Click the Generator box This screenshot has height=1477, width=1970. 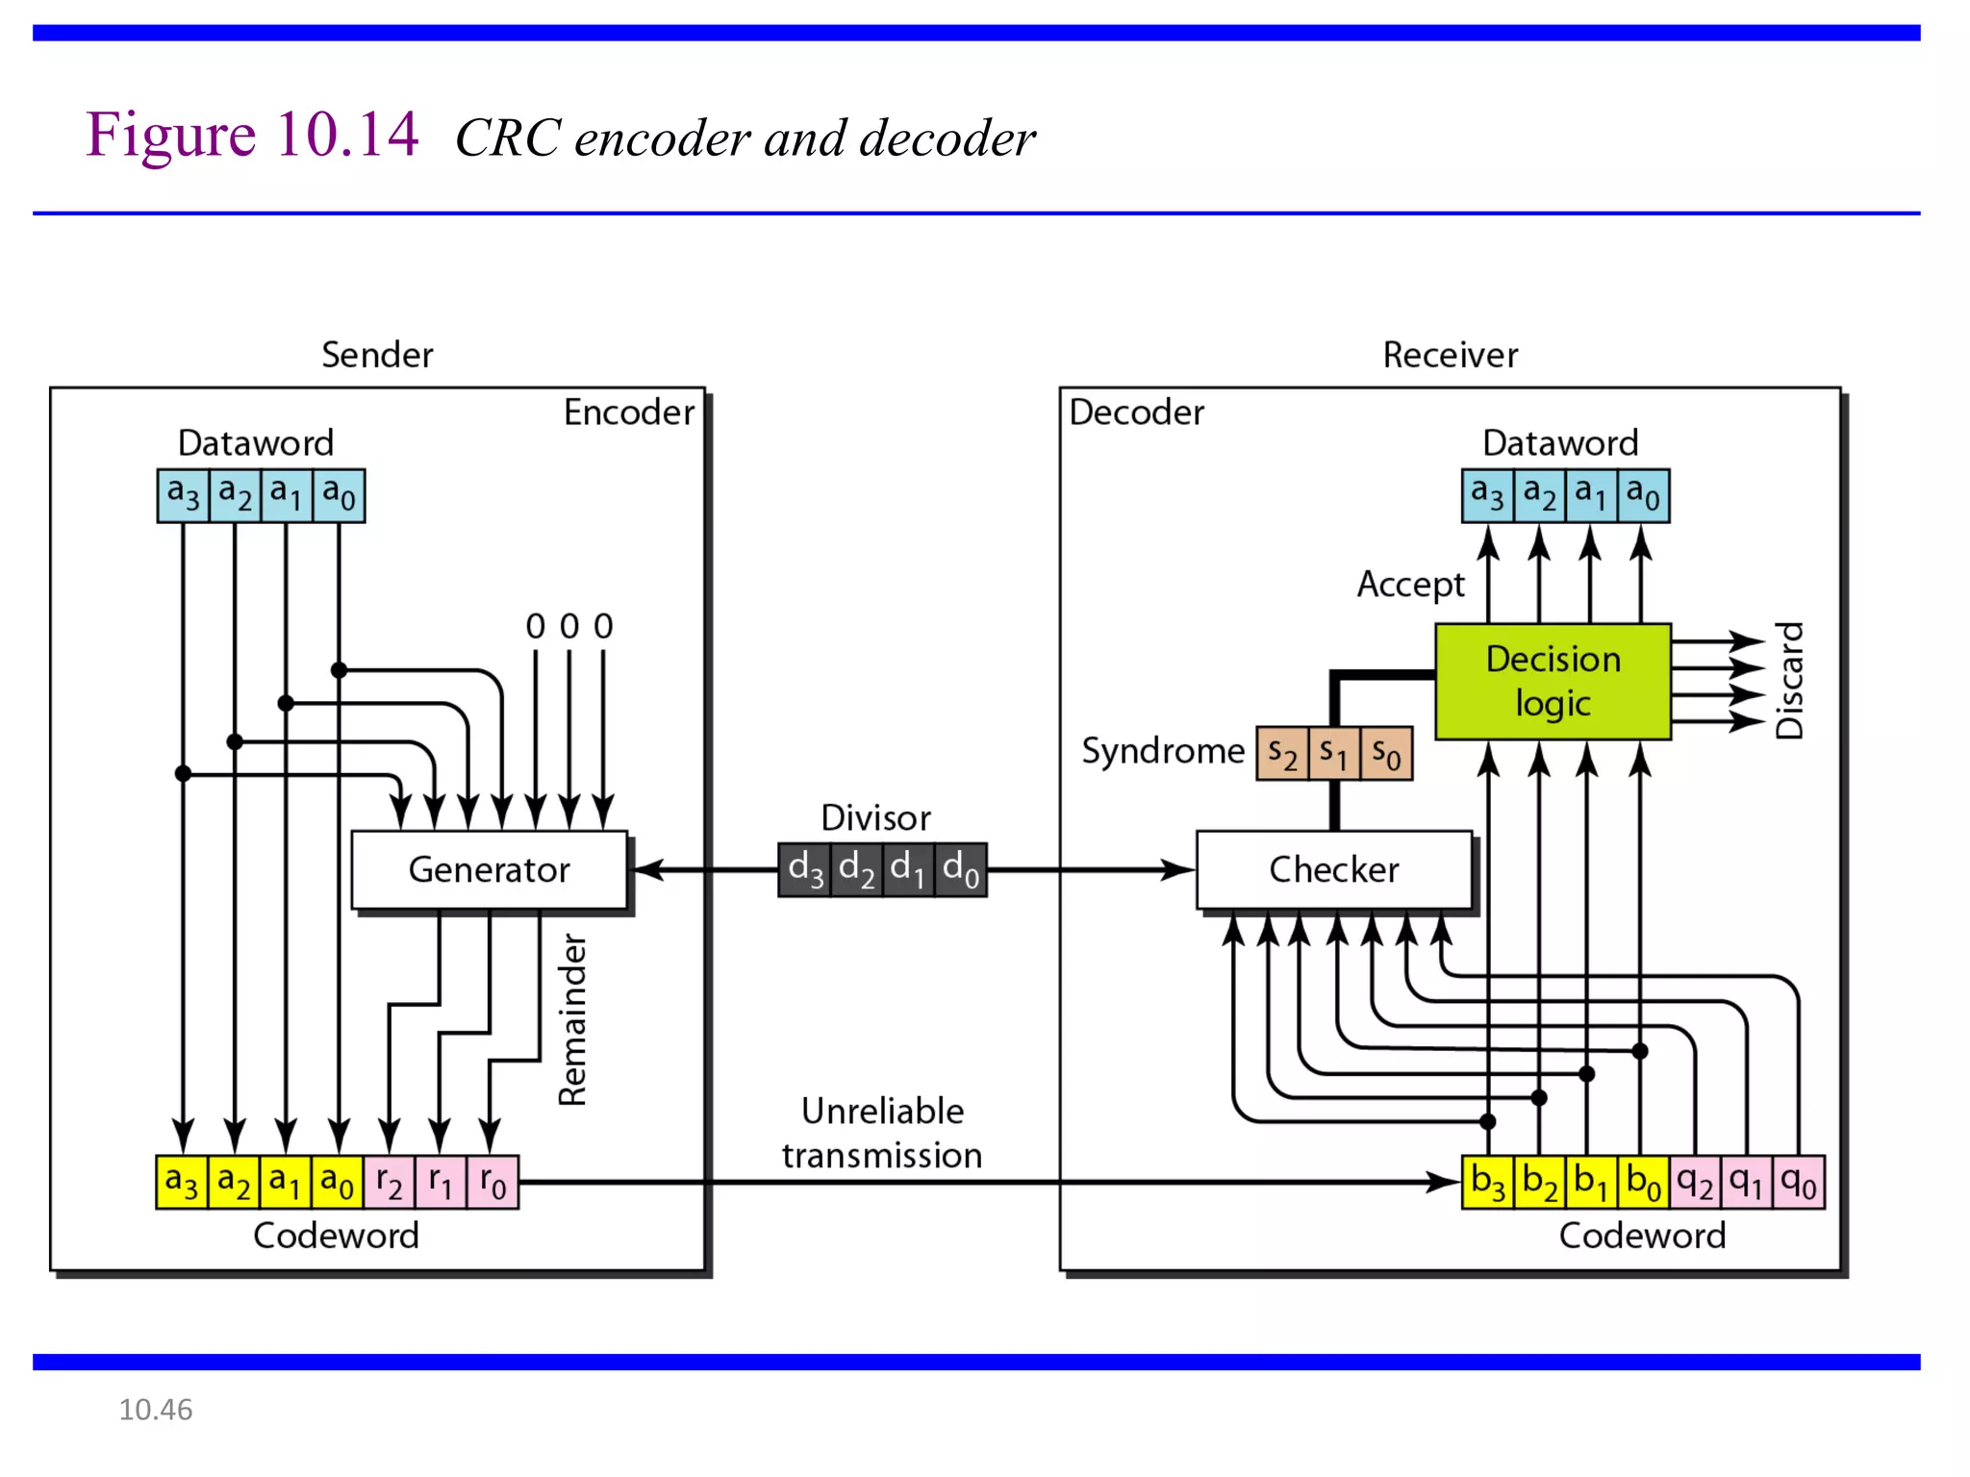tap(489, 869)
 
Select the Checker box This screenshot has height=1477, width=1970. tap(1333, 869)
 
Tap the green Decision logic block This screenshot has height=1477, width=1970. tap(1553, 681)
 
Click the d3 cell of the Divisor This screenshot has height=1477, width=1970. tap(805, 869)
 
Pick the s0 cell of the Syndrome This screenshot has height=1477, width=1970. tap(1386, 753)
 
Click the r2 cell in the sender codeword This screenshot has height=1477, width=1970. tap(390, 1182)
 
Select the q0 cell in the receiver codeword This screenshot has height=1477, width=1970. tap(1798, 1182)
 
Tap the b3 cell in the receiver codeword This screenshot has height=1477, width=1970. tap(1487, 1182)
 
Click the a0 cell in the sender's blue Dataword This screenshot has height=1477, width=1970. tap(339, 495)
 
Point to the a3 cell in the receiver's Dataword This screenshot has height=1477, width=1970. tap(1487, 495)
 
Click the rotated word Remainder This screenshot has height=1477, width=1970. tap(573, 1019)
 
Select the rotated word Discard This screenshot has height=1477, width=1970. tap(1789, 681)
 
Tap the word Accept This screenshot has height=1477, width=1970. tap(1410, 584)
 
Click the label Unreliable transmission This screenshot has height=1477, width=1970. tap(882, 1133)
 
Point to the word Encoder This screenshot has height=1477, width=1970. tap(628, 413)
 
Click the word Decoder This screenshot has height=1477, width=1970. tap(1136, 413)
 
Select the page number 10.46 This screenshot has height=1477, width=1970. tap(155, 1410)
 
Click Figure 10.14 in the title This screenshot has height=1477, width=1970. tap(252, 135)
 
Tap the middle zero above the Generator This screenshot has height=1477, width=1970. tap(569, 626)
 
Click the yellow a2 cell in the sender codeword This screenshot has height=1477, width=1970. tap(234, 1182)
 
